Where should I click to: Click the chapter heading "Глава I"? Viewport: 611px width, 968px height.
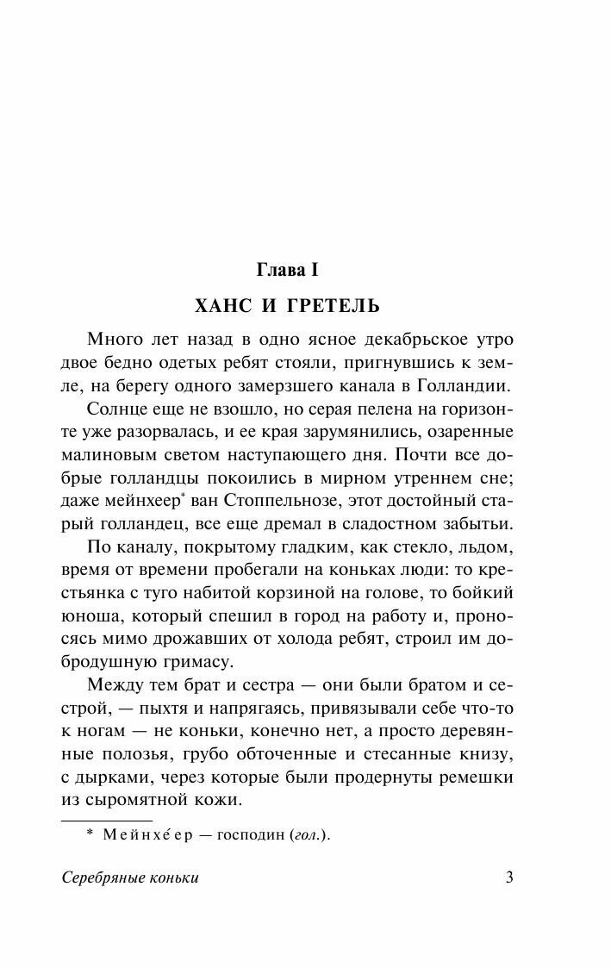click(289, 271)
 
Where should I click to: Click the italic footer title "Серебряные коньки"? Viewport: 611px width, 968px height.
click(130, 878)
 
